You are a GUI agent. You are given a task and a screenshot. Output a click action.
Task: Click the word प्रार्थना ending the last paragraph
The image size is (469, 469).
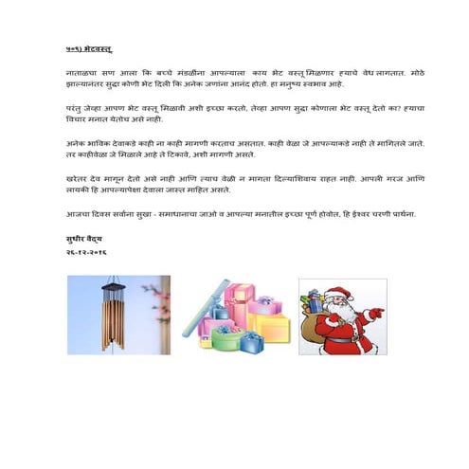tap(399, 214)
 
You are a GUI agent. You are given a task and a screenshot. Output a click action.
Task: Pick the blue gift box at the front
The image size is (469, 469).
tap(253, 341)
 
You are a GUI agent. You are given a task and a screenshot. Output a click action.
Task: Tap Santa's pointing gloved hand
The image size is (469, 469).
tap(377, 313)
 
